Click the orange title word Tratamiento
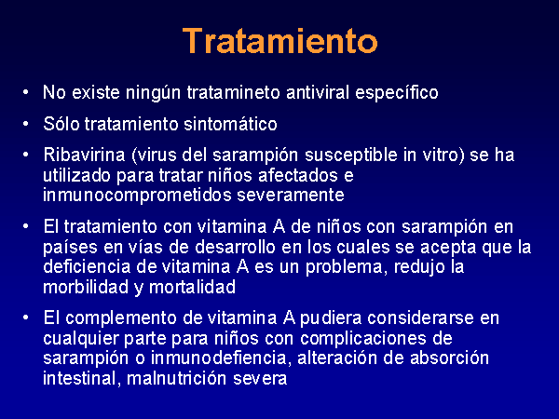pyautogui.click(x=279, y=41)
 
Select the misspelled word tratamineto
pyautogui.click(x=234, y=92)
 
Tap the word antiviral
pyautogui.click(x=318, y=92)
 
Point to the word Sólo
pyautogui.click(x=61, y=124)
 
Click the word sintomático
pyautogui.click(x=230, y=124)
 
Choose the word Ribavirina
pyautogui.click(x=84, y=155)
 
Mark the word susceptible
pyautogui.click(x=351, y=155)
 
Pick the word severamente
pyautogui.click(x=291, y=196)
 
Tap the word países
pyautogui.click(x=70, y=248)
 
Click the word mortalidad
pyautogui.click(x=192, y=287)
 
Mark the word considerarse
pyautogui.click(x=420, y=318)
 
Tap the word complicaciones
pyautogui.click(x=363, y=339)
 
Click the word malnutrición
pyautogui.click(x=177, y=378)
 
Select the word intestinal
pyautogui.click(x=79, y=378)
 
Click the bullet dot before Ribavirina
pyautogui.click(x=25, y=155)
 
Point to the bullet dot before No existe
pyautogui.click(x=25, y=92)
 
